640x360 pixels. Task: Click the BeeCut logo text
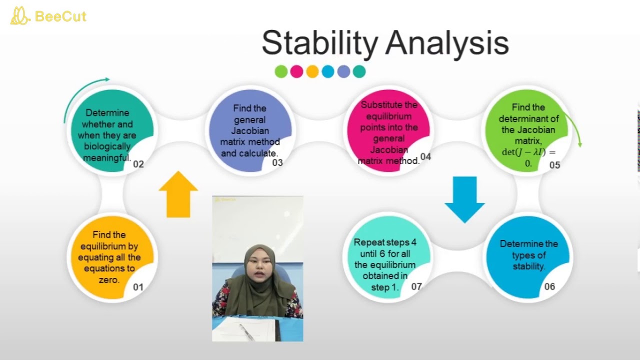60,16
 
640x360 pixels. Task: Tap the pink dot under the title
296,71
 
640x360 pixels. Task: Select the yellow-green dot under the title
281,71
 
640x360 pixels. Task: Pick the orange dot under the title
312,71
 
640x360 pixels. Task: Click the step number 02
138,164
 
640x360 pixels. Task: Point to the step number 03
277,162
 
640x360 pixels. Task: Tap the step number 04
425,156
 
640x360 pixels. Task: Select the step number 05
554,165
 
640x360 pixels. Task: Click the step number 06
549,286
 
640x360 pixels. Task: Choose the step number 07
416,286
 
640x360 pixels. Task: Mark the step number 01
138,287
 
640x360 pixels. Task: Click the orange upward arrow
178,195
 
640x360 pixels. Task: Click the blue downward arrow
464,199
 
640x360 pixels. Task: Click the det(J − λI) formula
528,152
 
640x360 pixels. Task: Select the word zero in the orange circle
109,280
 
